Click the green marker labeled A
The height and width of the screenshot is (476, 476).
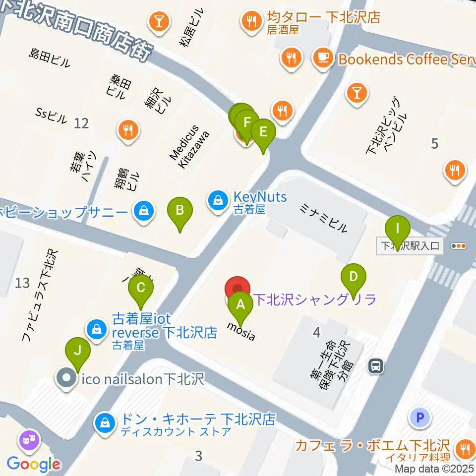tap(240, 304)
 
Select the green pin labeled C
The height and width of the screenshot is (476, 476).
tap(141, 287)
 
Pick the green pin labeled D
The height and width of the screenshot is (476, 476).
tap(354, 276)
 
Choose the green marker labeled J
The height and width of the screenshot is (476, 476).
tap(78, 350)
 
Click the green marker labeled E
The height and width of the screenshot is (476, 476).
tap(263, 132)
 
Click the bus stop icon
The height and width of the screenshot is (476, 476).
tap(376, 366)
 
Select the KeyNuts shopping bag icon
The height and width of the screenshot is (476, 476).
tap(218, 200)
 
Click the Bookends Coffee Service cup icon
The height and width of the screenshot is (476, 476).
tap(323, 59)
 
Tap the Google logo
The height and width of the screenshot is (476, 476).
tap(34, 464)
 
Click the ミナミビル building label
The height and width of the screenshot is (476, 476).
tap(323, 219)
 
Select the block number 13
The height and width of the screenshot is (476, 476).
tap(22, 283)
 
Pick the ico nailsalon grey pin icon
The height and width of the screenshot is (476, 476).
tap(66, 379)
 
